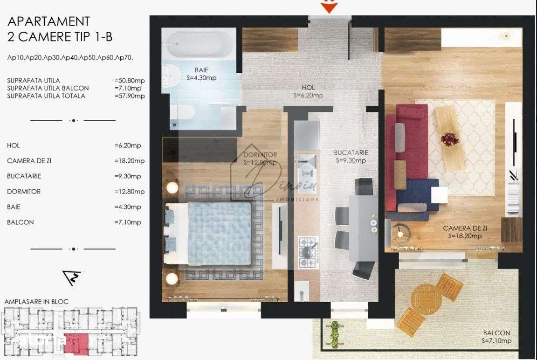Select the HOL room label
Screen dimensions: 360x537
[308, 91]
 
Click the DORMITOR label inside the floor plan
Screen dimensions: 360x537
[260, 159]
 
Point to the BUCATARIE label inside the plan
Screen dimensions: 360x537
[351, 156]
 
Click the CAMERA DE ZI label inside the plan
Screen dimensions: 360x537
[465, 232]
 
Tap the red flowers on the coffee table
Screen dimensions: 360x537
[449, 138]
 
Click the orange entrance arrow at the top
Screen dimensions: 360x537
[330, 7]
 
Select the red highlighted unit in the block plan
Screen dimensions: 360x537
[75, 343]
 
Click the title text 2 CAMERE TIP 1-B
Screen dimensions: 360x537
[60, 36]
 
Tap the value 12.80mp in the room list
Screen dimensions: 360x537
[130, 191]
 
